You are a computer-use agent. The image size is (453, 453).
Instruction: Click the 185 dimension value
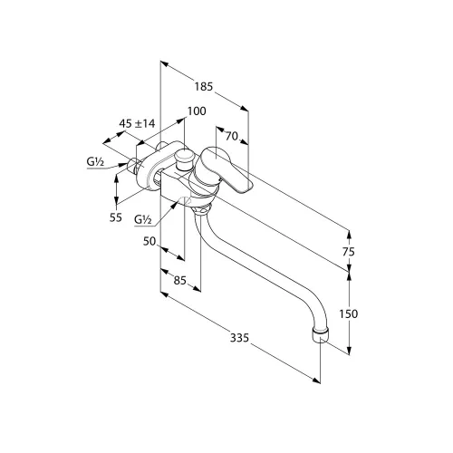click(204, 87)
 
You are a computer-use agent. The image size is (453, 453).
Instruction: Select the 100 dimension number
click(197, 111)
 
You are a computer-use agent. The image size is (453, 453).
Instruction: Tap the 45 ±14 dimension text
click(137, 123)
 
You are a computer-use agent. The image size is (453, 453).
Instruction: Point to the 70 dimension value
click(232, 137)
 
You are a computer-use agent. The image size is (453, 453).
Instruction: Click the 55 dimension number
click(116, 217)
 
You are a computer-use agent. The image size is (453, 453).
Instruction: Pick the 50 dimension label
click(149, 241)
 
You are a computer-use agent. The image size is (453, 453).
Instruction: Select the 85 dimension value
click(180, 281)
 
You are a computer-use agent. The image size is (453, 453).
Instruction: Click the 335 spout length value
click(239, 338)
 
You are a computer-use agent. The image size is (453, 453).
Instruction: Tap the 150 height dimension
click(349, 314)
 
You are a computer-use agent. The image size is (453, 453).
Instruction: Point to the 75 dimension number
click(349, 252)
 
